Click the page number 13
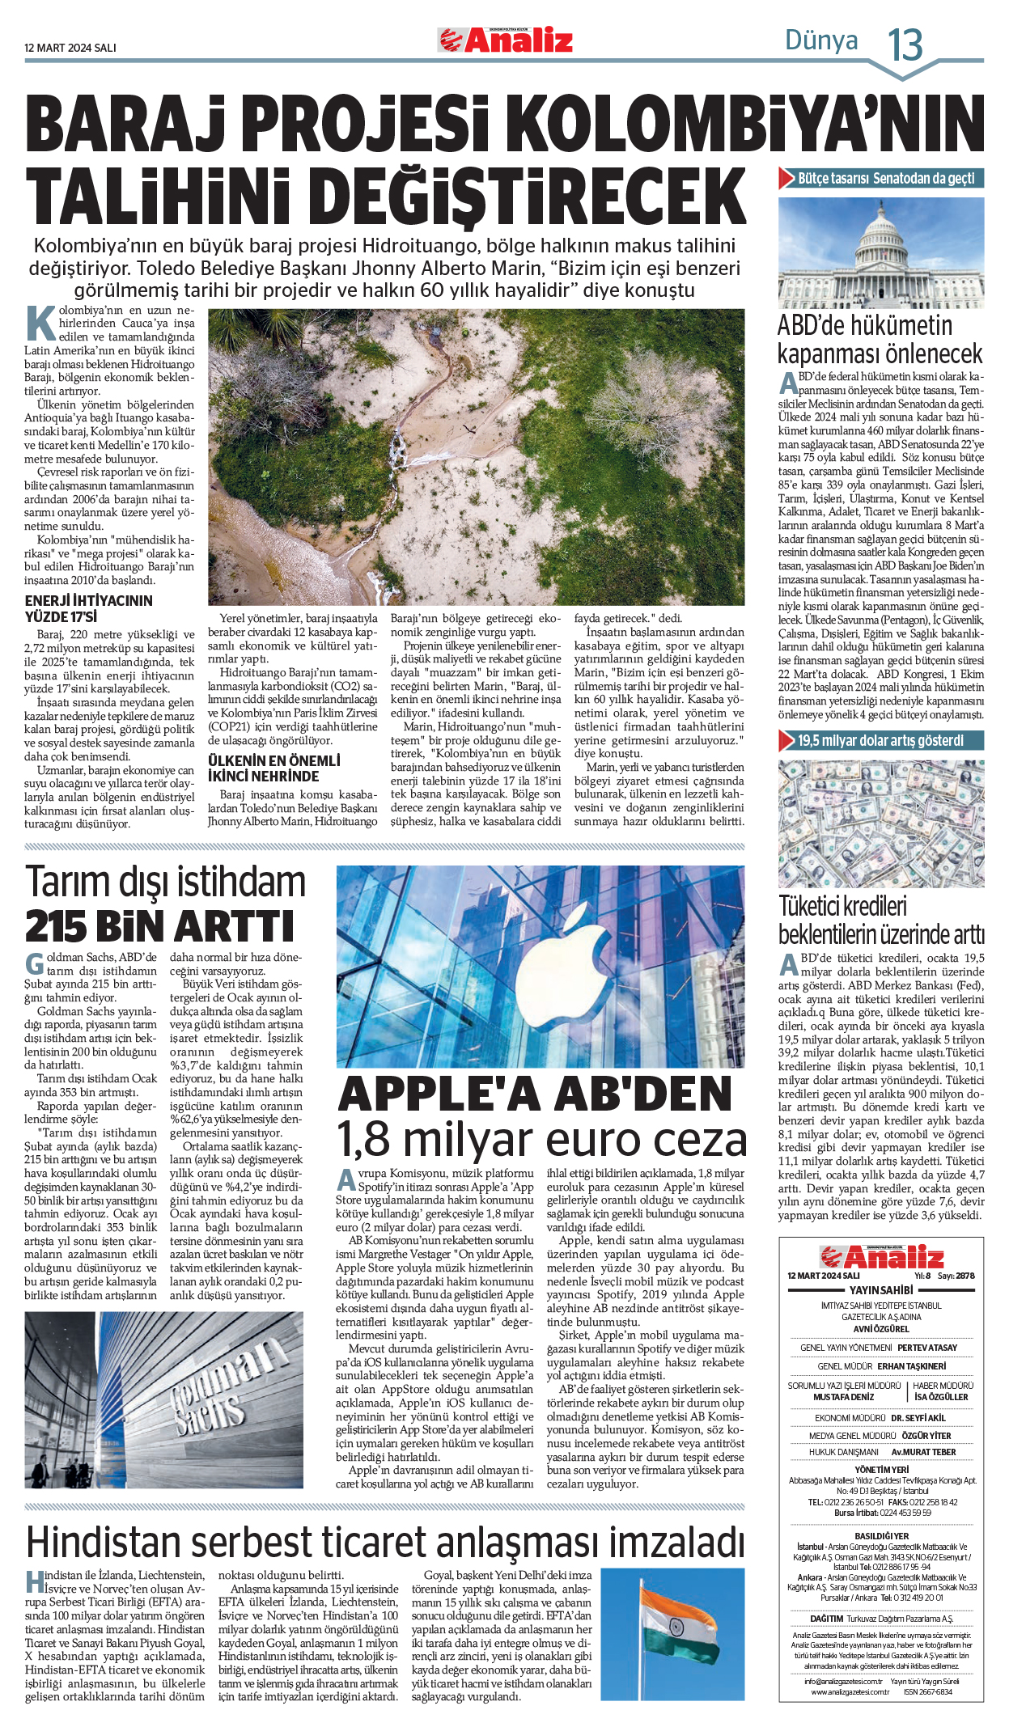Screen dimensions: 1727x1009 coord(905,44)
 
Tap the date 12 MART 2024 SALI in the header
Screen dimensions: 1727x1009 coord(70,48)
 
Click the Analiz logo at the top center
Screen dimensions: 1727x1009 coord(506,40)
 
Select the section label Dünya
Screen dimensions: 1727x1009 coord(820,40)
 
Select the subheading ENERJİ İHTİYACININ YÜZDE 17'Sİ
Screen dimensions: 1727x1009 coord(88,608)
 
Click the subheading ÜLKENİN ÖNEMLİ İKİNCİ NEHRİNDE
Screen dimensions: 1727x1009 coord(274,768)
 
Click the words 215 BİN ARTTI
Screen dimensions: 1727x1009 coord(159,926)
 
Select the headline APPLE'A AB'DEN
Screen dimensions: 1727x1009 coord(535,1094)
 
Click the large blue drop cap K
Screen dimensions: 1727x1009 coord(40,323)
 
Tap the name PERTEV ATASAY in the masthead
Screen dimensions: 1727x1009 coord(926,1348)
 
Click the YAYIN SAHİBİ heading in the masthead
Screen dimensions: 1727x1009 coord(881,1290)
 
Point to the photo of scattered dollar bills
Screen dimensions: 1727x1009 coord(881,823)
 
